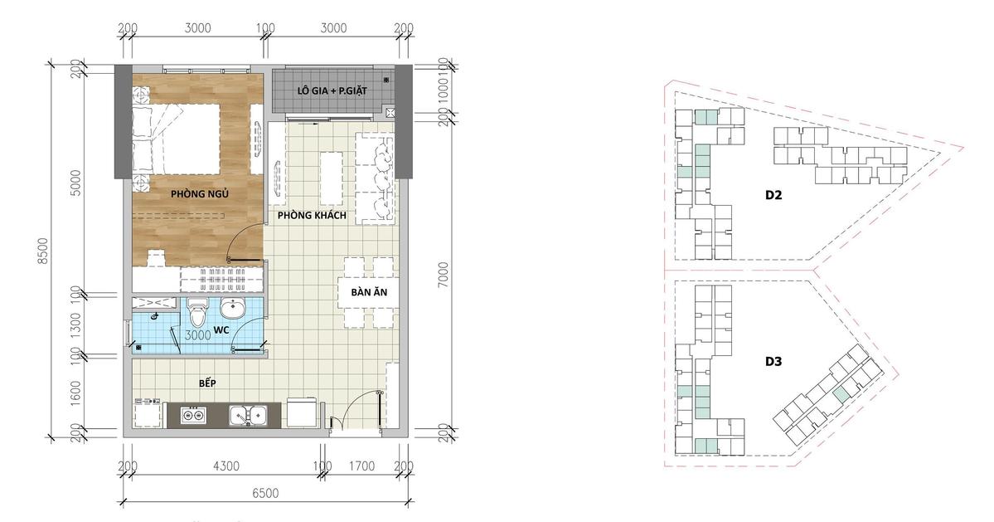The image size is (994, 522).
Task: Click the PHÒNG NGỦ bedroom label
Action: coord(200,194)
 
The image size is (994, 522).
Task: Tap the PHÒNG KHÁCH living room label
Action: coord(312,215)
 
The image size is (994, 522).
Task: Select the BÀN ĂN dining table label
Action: coord(369,292)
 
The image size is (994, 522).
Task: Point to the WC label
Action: coord(221,329)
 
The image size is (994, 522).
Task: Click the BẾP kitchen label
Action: coord(207,383)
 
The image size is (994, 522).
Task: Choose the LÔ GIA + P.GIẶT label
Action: coord(332,90)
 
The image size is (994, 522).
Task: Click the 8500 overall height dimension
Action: coord(42,251)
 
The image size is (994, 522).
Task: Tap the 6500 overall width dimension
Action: coord(265,493)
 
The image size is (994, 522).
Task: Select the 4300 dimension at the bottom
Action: coord(225,466)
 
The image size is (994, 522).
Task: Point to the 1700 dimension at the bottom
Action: coord(362,466)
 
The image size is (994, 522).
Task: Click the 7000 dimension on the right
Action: coord(444,274)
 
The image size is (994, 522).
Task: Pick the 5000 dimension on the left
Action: coord(75,183)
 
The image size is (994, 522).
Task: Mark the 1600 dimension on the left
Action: coord(75,393)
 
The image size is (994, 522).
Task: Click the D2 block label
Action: coord(773,195)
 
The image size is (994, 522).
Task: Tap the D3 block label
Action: coord(773,362)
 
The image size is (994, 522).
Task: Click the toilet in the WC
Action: coord(198,310)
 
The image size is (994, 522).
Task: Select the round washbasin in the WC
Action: coord(233,309)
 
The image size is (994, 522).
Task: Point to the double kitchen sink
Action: coord(248,416)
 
